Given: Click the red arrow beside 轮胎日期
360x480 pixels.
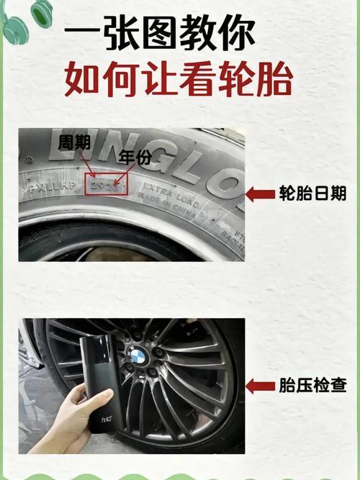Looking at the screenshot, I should point(260,194).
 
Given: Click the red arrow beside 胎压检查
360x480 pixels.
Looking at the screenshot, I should point(260,386).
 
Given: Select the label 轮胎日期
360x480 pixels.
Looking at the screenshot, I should point(312,194).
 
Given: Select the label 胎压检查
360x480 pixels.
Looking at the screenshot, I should point(312,386).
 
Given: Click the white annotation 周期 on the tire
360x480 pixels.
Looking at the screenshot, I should point(74,142).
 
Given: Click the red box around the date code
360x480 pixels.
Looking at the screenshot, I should point(107,186).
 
